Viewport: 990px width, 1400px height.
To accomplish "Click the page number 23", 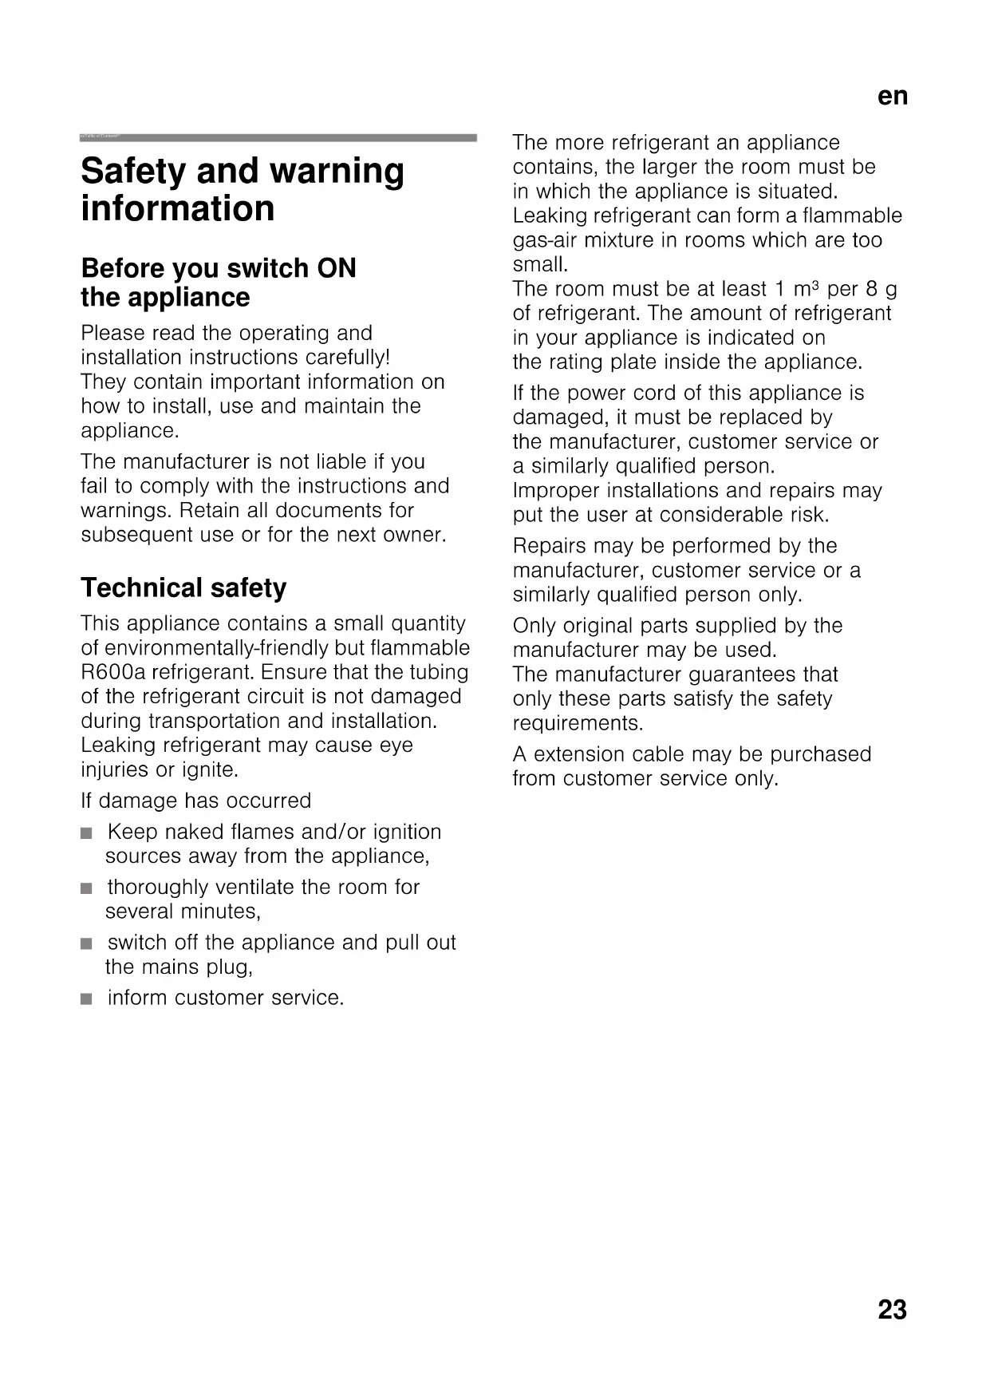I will click(x=892, y=1310).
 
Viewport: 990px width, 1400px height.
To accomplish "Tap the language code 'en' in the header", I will click(x=893, y=97).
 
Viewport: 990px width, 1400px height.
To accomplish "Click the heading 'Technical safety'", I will click(x=183, y=588).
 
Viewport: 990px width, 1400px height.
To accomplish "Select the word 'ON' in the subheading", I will click(x=337, y=268).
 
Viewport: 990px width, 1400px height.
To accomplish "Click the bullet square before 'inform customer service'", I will click(x=86, y=999).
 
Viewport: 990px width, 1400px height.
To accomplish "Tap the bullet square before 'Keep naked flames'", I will click(x=86, y=832).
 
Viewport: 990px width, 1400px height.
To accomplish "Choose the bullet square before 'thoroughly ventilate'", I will click(x=86, y=888).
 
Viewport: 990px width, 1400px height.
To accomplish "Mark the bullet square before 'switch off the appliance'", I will click(x=86, y=943).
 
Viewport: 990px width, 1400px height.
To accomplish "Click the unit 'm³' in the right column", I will click(x=807, y=289).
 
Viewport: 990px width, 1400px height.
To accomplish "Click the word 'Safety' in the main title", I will click(x=132, y=172).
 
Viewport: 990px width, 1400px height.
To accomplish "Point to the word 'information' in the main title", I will click(x=178, y=209).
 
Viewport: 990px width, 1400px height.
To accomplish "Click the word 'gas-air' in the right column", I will click(x=542, y=240).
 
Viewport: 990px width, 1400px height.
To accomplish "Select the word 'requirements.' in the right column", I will click(x=578, y=724).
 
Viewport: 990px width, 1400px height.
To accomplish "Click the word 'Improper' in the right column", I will click(x=550, y=491).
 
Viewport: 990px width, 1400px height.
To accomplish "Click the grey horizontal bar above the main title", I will click(x=278, y=138).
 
